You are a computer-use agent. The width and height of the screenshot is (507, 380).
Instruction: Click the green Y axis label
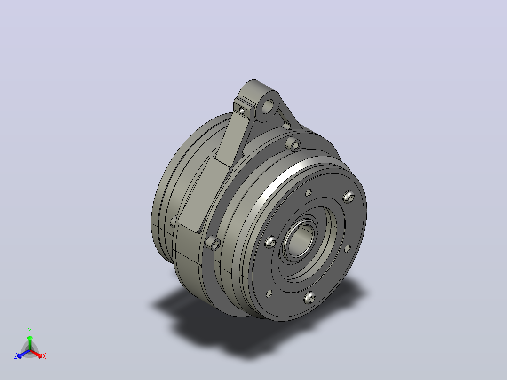(30, 331)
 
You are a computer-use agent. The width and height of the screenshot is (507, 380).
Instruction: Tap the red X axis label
(44, 356)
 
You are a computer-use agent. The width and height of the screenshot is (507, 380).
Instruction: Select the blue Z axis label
(16, 356)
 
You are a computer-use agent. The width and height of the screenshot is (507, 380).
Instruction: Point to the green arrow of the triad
(30, 342)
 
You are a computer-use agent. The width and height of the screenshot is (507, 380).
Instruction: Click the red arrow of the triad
(36, 354)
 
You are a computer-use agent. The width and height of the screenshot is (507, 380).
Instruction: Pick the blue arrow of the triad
(24, 354)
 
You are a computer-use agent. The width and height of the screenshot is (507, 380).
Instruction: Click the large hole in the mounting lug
(268, 106)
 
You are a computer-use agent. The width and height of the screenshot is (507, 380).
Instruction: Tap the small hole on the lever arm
(242, 110)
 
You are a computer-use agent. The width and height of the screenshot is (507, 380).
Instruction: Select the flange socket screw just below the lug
(293, 144)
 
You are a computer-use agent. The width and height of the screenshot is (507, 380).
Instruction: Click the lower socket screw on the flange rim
(214, 243)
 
